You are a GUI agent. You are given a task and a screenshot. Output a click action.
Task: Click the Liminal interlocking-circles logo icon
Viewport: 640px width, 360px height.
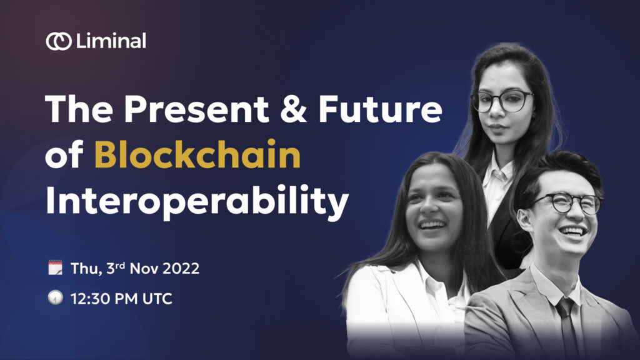(x=59, y=41)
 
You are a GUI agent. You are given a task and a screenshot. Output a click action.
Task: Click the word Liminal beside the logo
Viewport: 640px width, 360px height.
(x=111, y=41)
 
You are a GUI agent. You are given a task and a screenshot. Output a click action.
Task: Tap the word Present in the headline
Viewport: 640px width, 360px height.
(x=196, y=109)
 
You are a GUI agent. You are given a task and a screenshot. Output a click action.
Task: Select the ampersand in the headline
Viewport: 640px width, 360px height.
(x=294, y=109)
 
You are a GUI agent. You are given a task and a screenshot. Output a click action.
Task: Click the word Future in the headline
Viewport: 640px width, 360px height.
(x=381, y=109)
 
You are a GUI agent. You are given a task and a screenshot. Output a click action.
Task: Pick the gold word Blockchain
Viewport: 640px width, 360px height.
(x=197, y=155)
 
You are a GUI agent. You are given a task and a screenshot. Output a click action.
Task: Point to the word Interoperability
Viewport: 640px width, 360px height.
(x=197, y=202)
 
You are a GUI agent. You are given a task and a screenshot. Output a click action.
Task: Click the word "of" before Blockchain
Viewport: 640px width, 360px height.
(x=64, y=155)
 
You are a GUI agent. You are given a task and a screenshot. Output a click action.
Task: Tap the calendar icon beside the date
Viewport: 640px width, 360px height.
(x=56, y=267)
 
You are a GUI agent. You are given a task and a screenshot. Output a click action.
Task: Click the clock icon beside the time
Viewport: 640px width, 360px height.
(x=56, y=297)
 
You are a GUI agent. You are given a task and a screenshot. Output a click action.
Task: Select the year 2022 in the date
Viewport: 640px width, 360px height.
(x=181, y=269)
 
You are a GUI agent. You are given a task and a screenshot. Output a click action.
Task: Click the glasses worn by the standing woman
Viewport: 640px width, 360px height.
(x=502, y=101)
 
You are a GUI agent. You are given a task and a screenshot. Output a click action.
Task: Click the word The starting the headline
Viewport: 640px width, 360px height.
(x=79, y=109)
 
